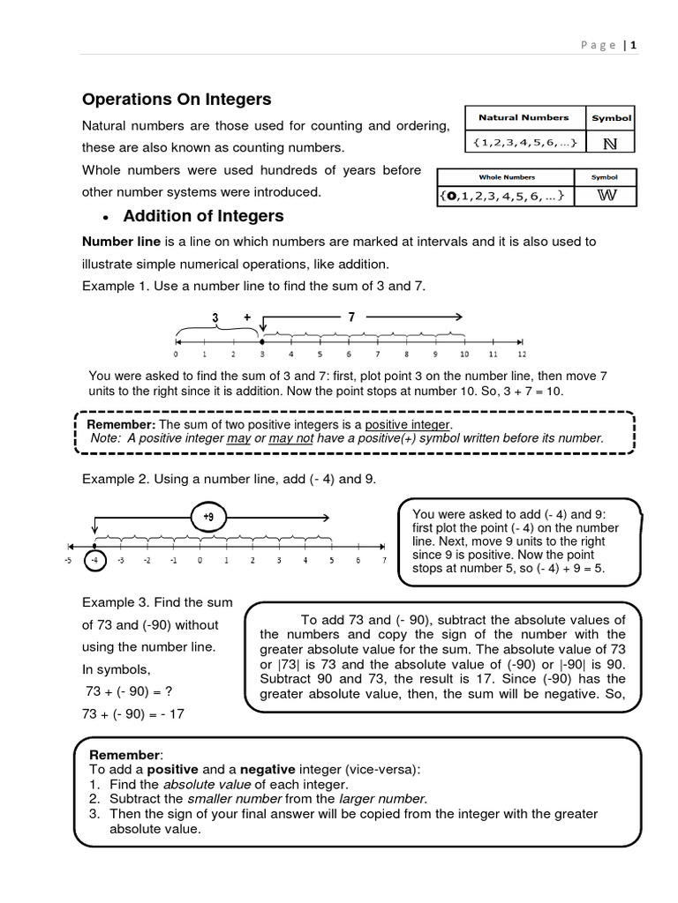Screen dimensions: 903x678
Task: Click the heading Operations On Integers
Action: (177, 100)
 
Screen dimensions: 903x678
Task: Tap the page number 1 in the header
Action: (633, 46)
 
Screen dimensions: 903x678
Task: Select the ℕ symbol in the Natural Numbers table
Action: (610, 143)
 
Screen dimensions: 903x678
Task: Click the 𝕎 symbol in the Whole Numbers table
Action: (605, 196)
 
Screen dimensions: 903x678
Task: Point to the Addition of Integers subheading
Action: (203, 216)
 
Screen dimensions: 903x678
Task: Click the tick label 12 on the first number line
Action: (522, 354)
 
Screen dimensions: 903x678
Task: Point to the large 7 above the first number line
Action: (351, 316)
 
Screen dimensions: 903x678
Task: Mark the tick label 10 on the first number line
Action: (464, 354)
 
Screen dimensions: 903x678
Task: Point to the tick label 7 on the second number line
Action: (384, 561)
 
